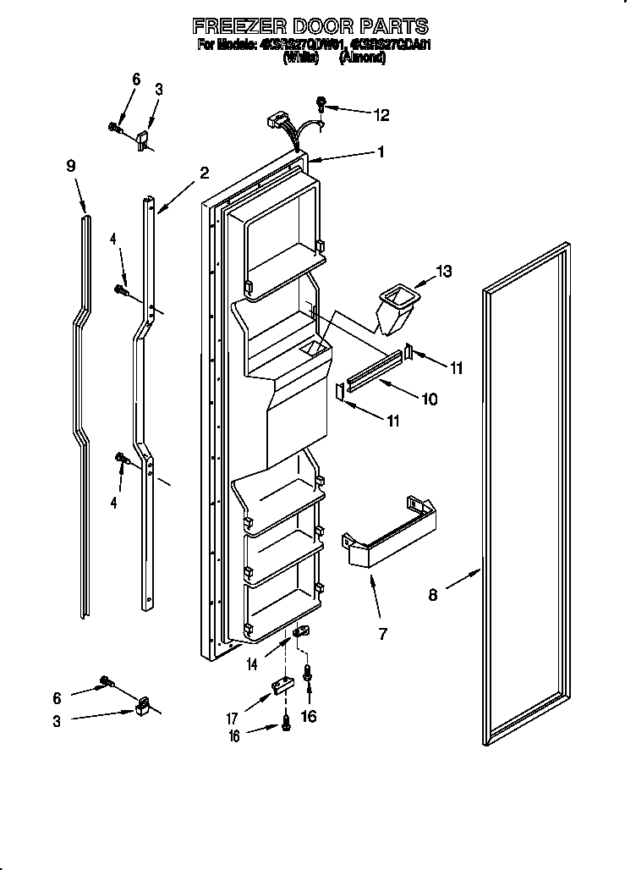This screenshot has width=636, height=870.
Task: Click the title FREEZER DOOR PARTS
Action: click(x=310, y=26)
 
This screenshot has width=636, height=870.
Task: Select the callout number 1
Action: click(x=381, y=152)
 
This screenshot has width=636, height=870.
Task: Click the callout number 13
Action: click(x=442, y=272)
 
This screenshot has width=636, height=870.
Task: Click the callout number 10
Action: click(x=430, y=398)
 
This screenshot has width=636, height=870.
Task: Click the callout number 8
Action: click(x=432, y=595)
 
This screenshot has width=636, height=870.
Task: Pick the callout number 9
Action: click(x=71, y=167)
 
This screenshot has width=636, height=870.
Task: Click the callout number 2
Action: click(x=204, y=173)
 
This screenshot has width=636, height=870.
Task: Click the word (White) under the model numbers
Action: click(x=300, y=59)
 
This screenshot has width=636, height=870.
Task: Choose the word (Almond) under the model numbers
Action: click(x=363, y=59)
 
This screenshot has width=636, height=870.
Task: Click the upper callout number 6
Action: click(x=136, y=79)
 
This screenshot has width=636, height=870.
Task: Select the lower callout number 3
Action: click(x=58, y=721)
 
